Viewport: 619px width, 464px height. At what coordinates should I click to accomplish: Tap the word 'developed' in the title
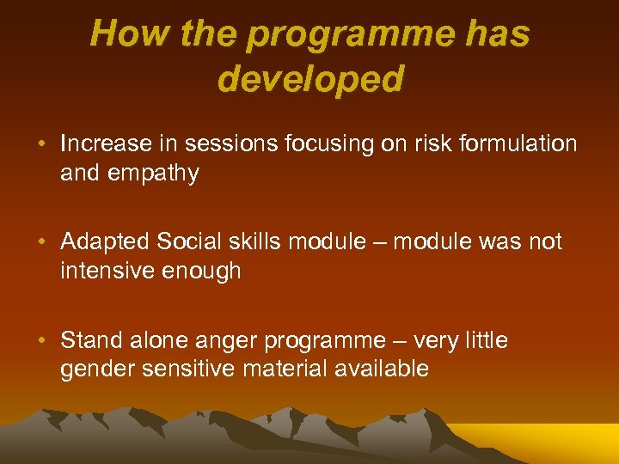pos(310,79)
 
